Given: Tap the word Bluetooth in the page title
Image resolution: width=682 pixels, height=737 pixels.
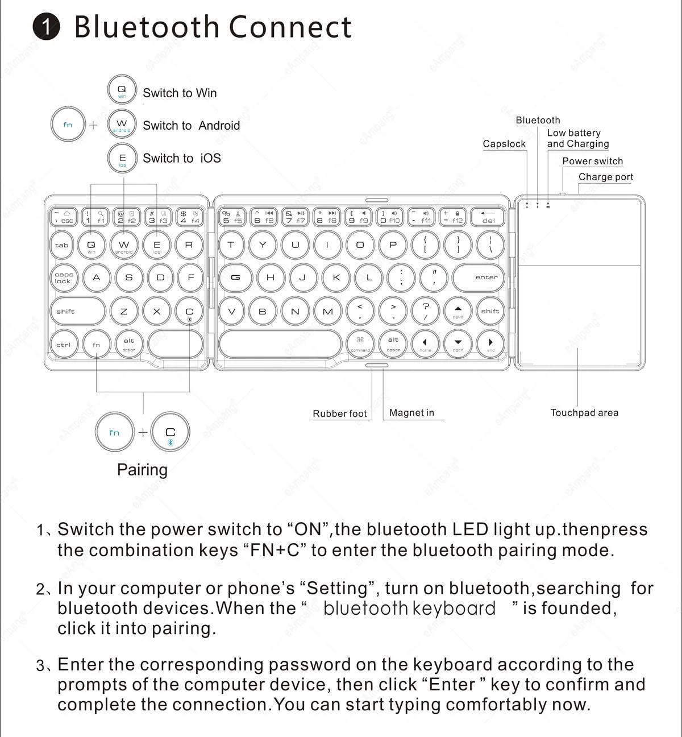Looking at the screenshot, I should (x=147, y=27).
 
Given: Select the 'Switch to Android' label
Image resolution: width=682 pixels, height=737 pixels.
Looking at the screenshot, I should (x=191, y=126).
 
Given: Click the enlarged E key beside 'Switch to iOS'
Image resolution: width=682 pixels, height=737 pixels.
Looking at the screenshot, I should (x=122, y=158).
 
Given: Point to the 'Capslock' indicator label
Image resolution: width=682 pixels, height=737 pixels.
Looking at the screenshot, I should (x=504, y=144).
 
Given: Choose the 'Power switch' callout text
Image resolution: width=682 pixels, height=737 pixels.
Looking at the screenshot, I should (x=592, y=161).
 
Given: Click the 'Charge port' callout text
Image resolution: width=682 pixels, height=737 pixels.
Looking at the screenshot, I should (x=605, y=177).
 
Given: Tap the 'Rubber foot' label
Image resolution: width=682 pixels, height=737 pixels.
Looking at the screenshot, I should (x=339, y=413).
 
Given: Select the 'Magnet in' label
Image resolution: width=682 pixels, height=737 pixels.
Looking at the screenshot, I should (x=411, y=413).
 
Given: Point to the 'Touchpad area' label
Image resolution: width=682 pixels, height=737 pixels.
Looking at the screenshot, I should (x=584, y=413).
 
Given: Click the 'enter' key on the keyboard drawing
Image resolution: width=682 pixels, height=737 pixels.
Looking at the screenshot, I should (x=486, y=278).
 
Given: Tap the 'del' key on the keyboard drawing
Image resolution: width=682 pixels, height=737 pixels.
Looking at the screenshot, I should (x=488, y=217).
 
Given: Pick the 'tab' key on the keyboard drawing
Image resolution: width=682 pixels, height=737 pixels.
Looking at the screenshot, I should (x=62, y=246).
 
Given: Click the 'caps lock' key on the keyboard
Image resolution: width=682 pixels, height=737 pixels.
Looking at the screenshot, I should (x=64, y=278).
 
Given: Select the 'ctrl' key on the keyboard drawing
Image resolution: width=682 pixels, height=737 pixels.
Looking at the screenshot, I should (x=64, y=345).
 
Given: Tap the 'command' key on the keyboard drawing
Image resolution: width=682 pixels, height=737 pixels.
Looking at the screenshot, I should (x=360, y=343).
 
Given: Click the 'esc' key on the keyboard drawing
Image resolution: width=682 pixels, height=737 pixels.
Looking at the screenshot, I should (x=64, y=217).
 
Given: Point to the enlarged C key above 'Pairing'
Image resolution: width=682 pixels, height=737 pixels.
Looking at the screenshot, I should (x=170, y=433).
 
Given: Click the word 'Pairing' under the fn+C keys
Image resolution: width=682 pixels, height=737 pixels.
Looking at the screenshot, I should (x=142, y=470).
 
